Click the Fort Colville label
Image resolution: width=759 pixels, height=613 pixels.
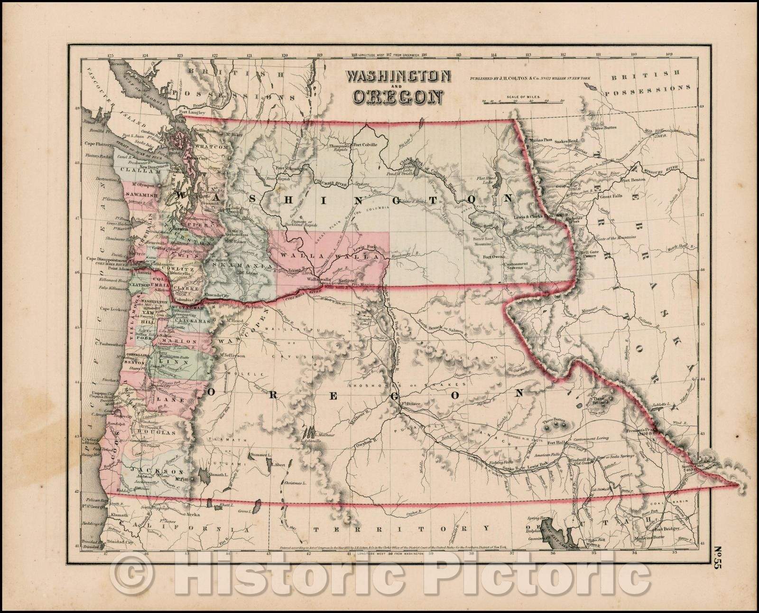click(365, 145)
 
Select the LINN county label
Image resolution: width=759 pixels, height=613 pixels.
click(169, 361)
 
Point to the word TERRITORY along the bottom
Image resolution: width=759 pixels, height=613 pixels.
click(398, 528)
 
